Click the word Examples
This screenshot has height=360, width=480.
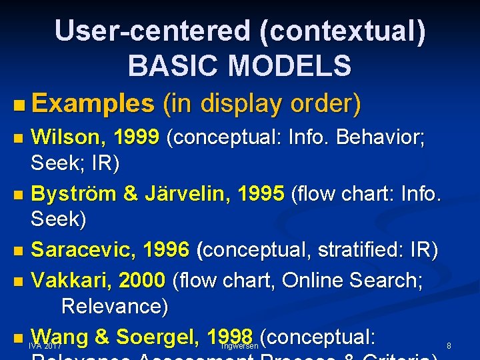(93, 103)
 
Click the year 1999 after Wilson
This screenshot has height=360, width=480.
(136, 137)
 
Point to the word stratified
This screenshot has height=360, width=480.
(350, 250)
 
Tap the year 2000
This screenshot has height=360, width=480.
(141, 280)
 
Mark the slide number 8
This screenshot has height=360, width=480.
(449, 346)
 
